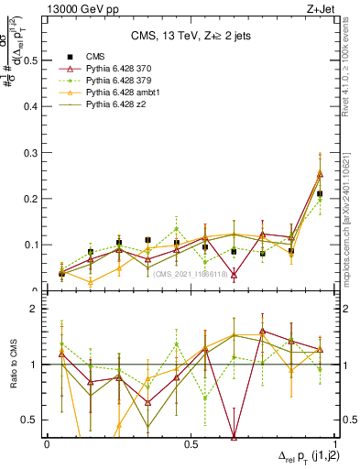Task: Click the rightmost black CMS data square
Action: [x=320, y=193]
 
